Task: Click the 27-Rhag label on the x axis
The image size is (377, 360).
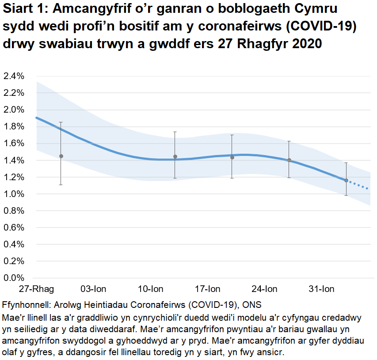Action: coord(36,289)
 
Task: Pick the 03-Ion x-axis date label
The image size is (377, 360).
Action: coord(93,289)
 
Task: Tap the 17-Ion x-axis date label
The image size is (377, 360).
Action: coord(207,289)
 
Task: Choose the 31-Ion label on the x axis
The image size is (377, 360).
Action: coord(321,289)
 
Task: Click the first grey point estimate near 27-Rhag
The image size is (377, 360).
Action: coord(61,156)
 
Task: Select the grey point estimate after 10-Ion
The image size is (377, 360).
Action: coord(175,156)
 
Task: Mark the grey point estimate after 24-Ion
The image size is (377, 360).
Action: coord(289,160)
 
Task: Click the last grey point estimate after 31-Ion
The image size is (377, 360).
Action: coord(346,180)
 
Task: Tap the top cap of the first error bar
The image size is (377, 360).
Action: coord(61,122)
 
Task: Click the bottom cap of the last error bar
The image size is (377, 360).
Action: coord(346,195)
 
